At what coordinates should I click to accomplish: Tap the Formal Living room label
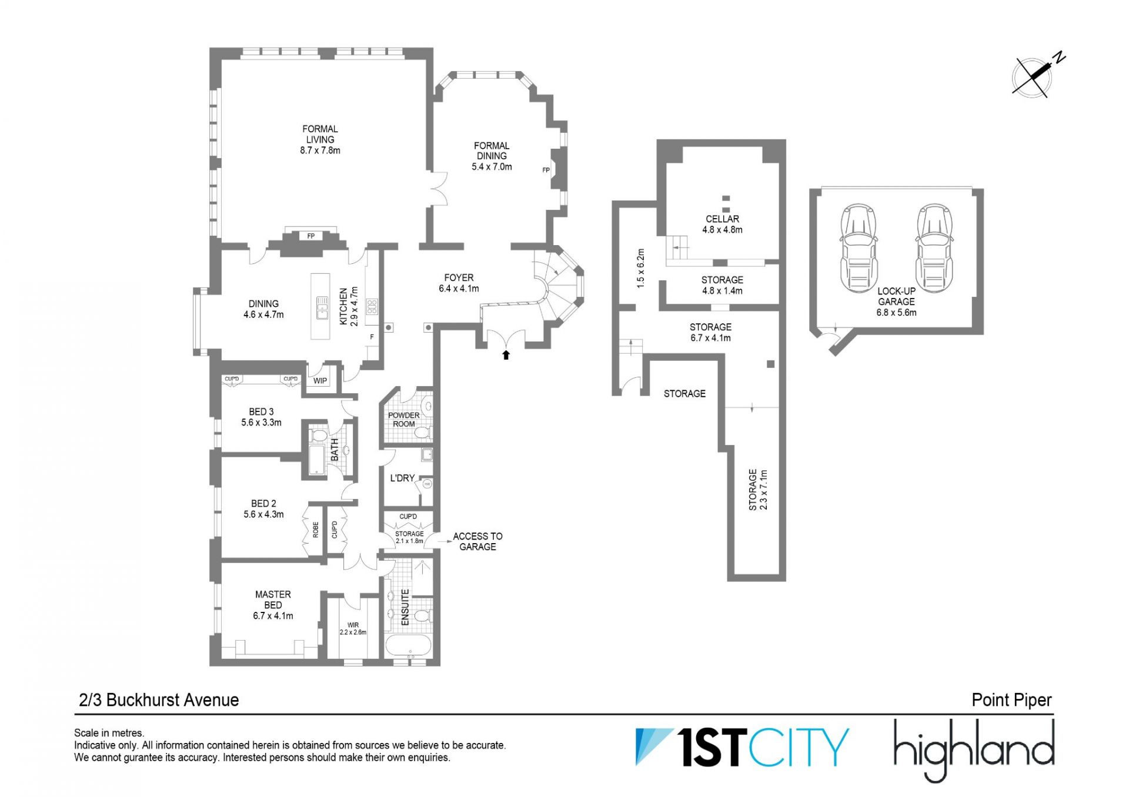[x=320, y=139]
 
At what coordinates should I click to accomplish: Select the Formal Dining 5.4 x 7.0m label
[x=492, y=156]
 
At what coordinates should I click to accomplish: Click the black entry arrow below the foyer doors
[x=506, y=354]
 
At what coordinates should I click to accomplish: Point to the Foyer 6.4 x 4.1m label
[x=459, y=283]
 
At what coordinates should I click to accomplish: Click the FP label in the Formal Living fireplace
[x=311, y=236]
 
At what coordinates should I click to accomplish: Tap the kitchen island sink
[x=322, y=307]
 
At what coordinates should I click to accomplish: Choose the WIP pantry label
[x=320, y=380]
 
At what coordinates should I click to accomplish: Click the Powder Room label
[x=404, y=419]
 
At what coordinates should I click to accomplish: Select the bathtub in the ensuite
[x=409, y=645]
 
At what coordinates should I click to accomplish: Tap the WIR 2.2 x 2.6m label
[x=353, y=629]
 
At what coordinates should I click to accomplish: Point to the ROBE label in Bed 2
[x=316, y=530]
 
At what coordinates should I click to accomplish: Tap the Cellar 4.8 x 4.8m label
[x=722, y=224]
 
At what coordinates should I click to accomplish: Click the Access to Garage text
[x=477, y=541]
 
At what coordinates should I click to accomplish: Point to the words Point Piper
[x=1011, y=700]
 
